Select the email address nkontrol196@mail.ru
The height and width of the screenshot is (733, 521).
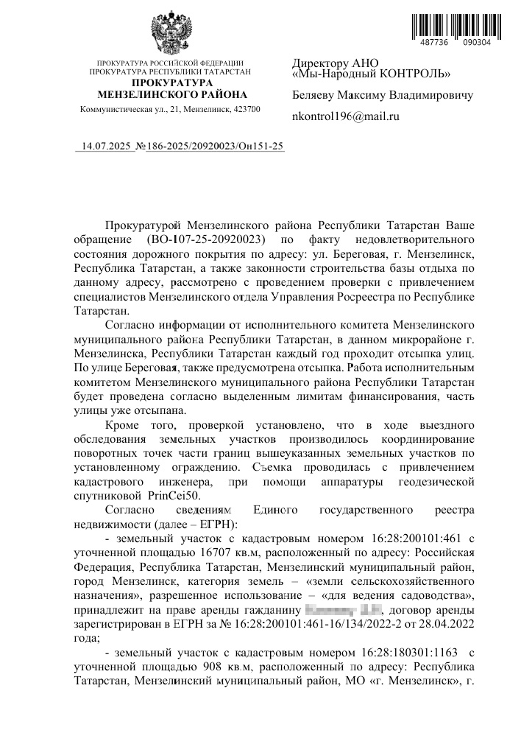tap(345, 116)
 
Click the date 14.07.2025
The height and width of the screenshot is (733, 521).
tap(106, 147)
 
